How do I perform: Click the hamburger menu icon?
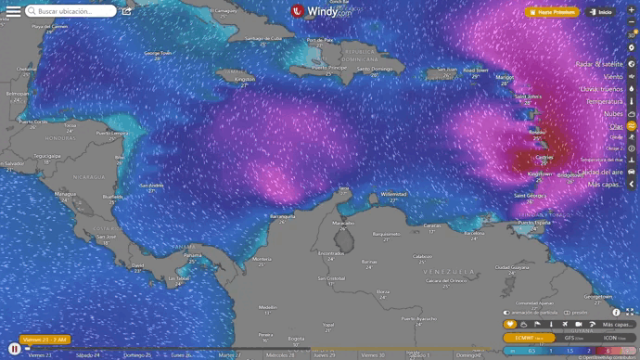[13, 11]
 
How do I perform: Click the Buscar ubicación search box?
[72, 11]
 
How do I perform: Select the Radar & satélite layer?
[599, 63]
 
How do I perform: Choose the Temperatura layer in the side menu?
[604, 100]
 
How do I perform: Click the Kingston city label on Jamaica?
[245, 79]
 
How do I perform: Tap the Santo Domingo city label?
[377, 69]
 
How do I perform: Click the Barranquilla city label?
[281, 216]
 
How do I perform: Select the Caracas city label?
[432, 225]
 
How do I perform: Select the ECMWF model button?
[531, 338]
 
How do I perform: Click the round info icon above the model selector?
[616, 313]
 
